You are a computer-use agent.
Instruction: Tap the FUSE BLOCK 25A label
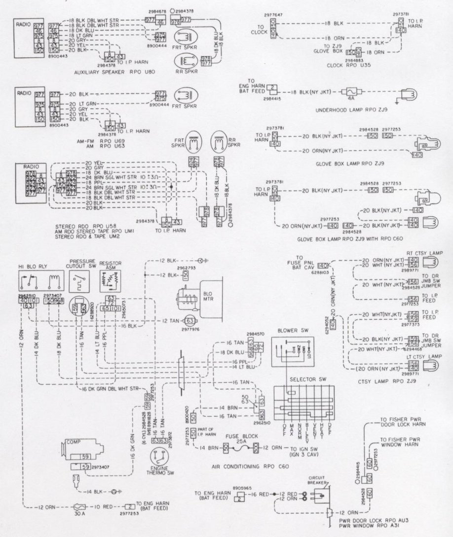coord(239,439)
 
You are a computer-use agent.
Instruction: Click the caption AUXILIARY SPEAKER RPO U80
coord(108,72)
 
